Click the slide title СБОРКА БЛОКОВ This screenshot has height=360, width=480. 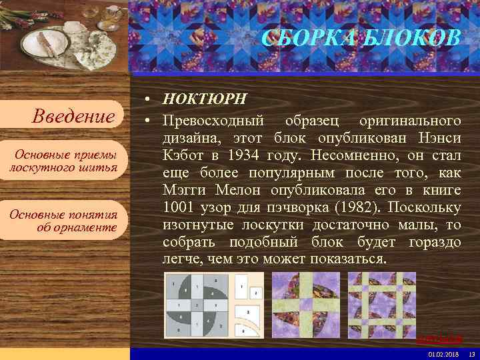click(361, 38)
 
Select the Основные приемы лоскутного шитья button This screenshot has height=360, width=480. click(63, 161)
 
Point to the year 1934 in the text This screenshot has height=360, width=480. click(244, 155)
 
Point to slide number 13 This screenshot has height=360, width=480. click(471, 353)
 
